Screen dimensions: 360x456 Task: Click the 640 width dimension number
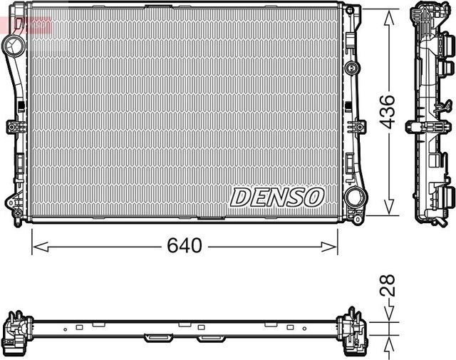[x=185, y=246]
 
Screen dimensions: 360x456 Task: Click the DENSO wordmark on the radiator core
[x=277, y=197]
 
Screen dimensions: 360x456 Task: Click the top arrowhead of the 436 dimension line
[x=388, y=16]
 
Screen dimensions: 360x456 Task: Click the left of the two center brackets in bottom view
[x=157, y=337]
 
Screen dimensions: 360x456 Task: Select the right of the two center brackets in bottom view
[x=210, y=337]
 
